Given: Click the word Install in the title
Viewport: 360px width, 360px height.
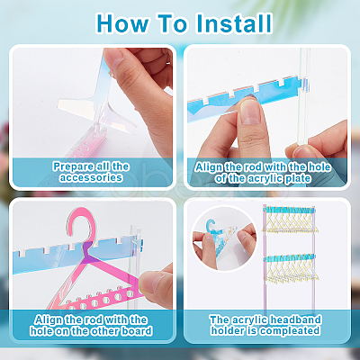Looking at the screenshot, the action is (234, 23).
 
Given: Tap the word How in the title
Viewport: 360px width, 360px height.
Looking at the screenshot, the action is (123, 23).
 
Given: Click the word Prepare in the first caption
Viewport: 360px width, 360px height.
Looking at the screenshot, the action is (73, 166).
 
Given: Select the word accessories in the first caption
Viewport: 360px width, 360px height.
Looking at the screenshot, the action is (91, 177).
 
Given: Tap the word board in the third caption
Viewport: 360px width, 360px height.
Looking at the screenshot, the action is (137, 331).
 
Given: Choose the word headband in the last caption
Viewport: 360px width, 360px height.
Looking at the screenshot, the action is (295, 319).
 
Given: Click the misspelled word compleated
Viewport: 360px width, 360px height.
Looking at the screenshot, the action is (290, 331).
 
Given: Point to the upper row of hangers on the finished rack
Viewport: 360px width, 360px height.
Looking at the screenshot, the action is (290, 221).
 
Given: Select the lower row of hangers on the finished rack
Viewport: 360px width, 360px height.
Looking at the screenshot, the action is (290, 268).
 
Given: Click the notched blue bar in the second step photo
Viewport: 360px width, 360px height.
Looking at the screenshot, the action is (244, 96).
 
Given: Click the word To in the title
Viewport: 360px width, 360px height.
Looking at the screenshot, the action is (173, 23).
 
